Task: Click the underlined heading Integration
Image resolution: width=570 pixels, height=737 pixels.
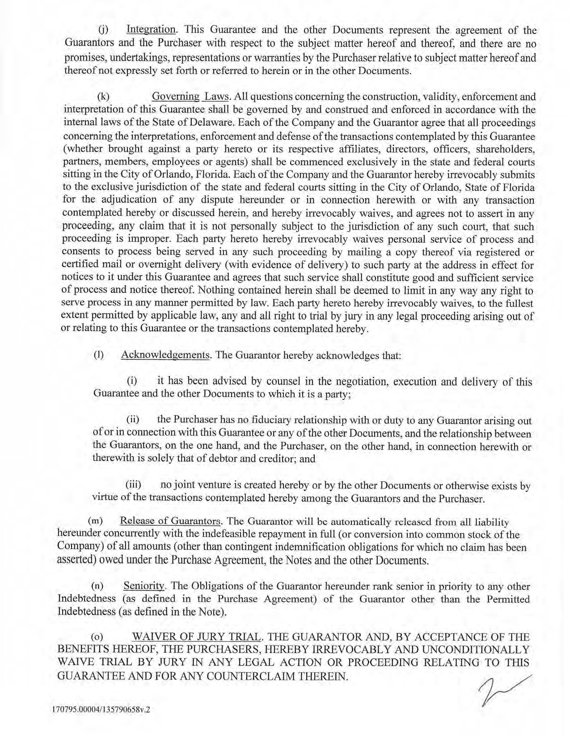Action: click(151, 30)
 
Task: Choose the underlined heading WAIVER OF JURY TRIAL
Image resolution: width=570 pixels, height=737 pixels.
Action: click(197, 637)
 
